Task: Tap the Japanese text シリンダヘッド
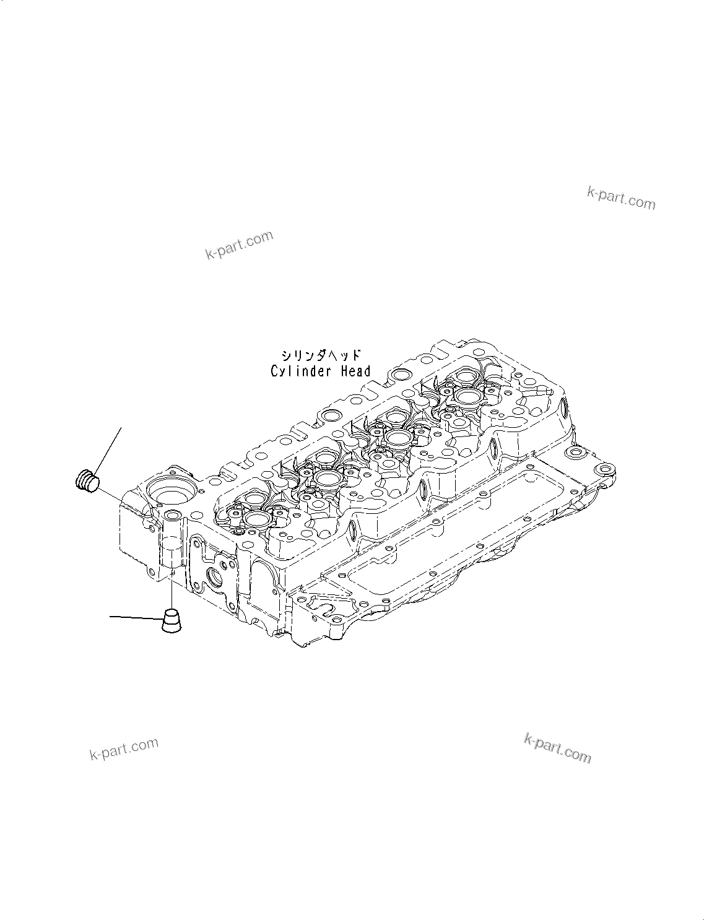tap(320, 355)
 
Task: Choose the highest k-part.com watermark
tap(620, 197)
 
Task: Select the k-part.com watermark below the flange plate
tap(557, 747)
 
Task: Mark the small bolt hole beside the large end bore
tap(171, 516)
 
